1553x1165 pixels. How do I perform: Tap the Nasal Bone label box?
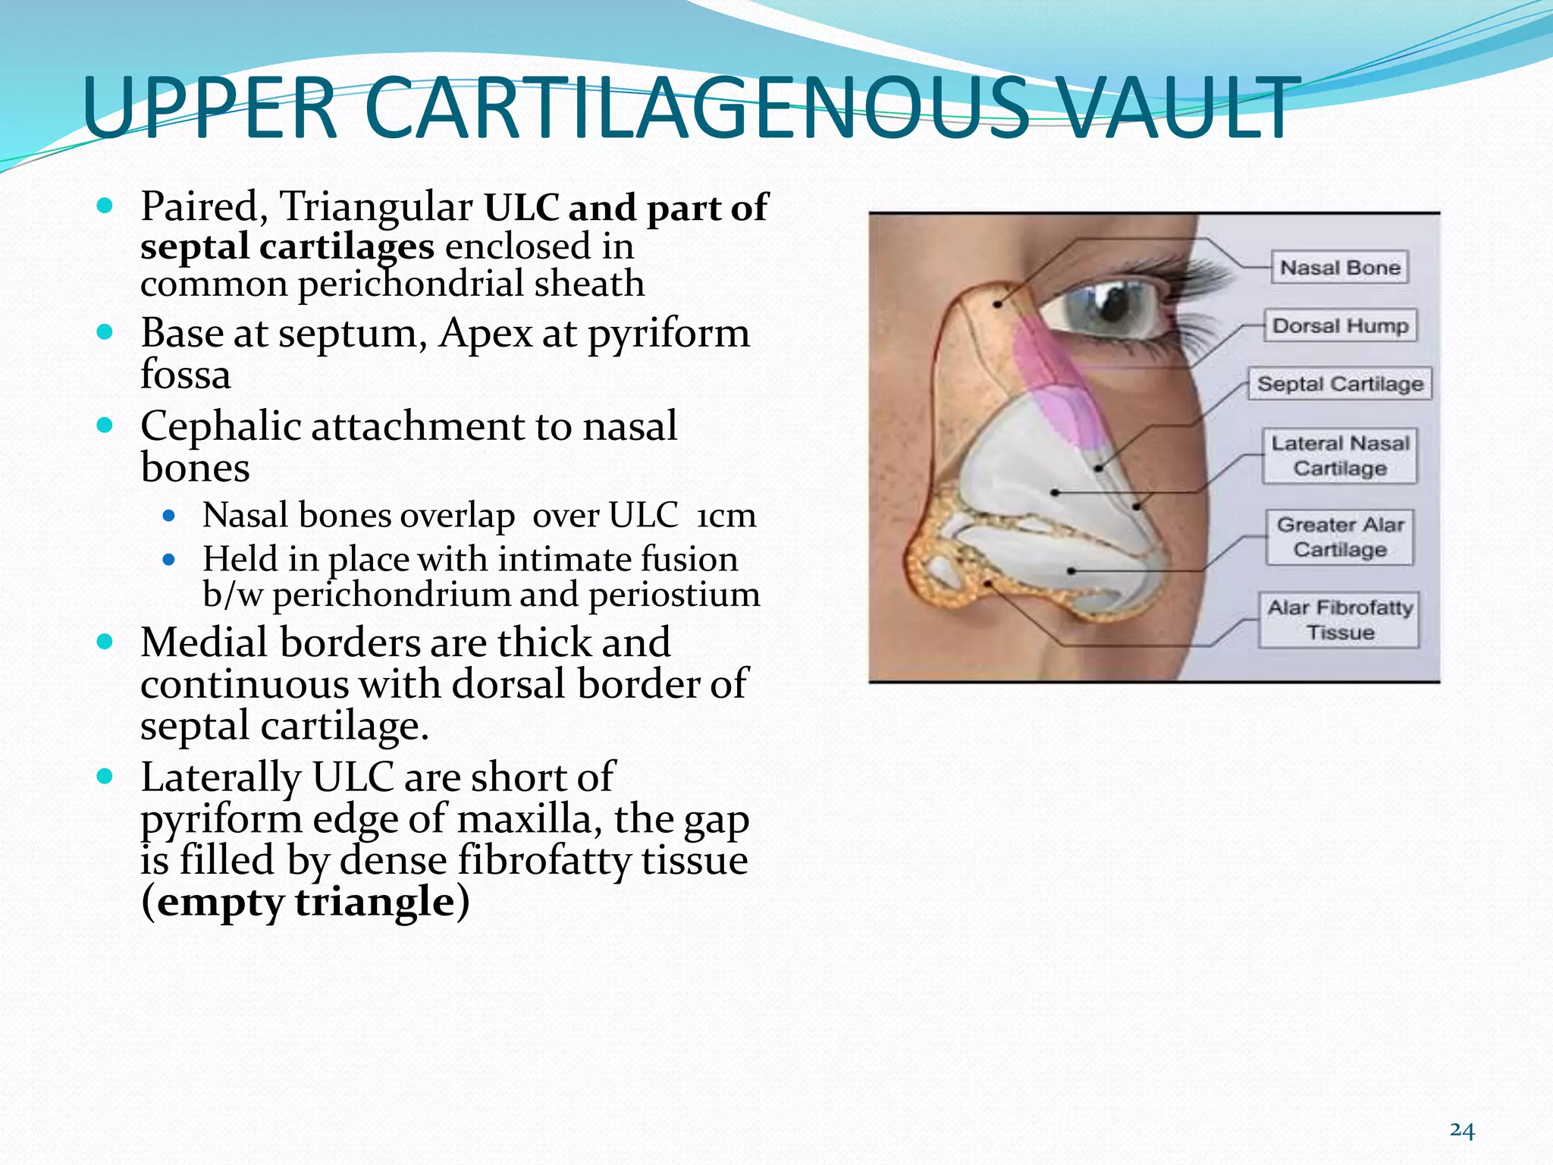pyautogui.click(x=1339, y=268)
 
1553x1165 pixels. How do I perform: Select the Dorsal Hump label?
pyautogui.click(x=1340, y=326)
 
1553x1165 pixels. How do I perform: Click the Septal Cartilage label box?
pyautogui.click(x=1340, y=384)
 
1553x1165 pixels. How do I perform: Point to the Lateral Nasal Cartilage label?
pyautogui.click(x=1340, y=456)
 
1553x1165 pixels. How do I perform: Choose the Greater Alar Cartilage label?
pyautogui.click(x=1340, y=537)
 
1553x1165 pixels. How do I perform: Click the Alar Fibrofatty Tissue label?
pyautogui.click(x=1340, y=620)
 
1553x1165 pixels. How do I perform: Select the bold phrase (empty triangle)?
pyautogui.click(x=305, y=902)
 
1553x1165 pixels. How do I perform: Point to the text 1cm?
pyautogui.click(x=726, y=516)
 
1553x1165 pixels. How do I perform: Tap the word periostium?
pyautogui.click(x=674, y=595)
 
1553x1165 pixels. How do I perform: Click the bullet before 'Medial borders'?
pyautogui.click(x=105, y=642)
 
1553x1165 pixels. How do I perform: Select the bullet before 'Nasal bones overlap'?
pyautogui.click(x=169, y=517)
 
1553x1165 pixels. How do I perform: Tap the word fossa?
pyautogui.click(x=186, y=375)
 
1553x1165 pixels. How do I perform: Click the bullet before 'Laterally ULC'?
pyautogui.click(x=105, y=777)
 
